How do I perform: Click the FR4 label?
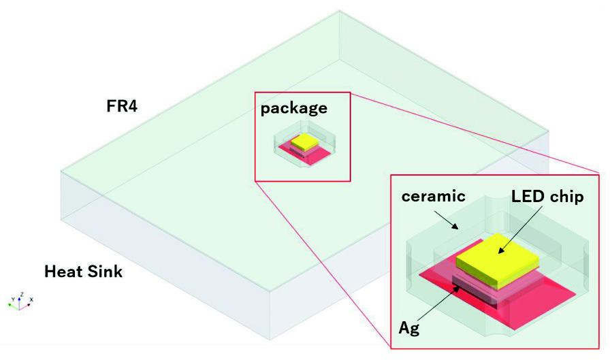pyautogui.click(x=122, y=106)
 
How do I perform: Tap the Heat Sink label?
pyautogui.click(x=83, y=272)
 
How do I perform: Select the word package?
pyautogui.click(x=293, y=108)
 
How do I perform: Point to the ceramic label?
pyautogui.click(x=433, y=196)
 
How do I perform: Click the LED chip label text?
pyautogui.click(x=547, y=197)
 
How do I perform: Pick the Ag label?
pyautogui.click(x=409, y=328)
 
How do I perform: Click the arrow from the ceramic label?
pyautogui.click(x=447, y=220)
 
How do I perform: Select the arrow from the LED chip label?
pyautogui.click(x=520, y=229)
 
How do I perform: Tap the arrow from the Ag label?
pyautogui.click(x=437, y=304)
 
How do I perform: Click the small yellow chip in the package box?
pyautogui.click(x=304, y=142)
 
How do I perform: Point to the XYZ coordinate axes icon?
pyautogui.click(x=20, y=301)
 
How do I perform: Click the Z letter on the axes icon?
pyautogui.click(x=22, y=294)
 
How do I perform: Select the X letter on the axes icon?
pyautogui.click(x=31, y=299)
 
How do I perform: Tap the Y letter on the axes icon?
pyautogui.click(x=13, y=299)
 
